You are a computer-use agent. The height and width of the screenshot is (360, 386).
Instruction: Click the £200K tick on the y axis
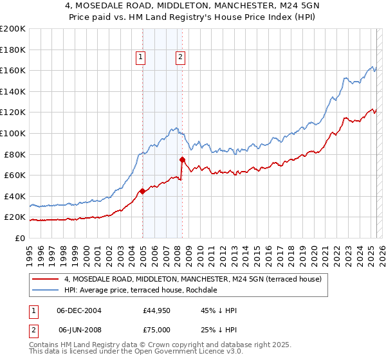[13, 28]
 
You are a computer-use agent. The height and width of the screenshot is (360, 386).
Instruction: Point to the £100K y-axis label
[13, 133]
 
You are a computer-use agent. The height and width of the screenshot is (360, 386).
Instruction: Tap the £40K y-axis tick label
[15, 196]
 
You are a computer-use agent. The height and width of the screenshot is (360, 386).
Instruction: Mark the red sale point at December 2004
[142, 191]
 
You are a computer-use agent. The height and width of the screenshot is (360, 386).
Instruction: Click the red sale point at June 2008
[182, 159]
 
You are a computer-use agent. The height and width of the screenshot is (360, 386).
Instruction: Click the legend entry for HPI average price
[141, 290]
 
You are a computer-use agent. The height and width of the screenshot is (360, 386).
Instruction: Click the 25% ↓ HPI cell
[219, 329]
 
